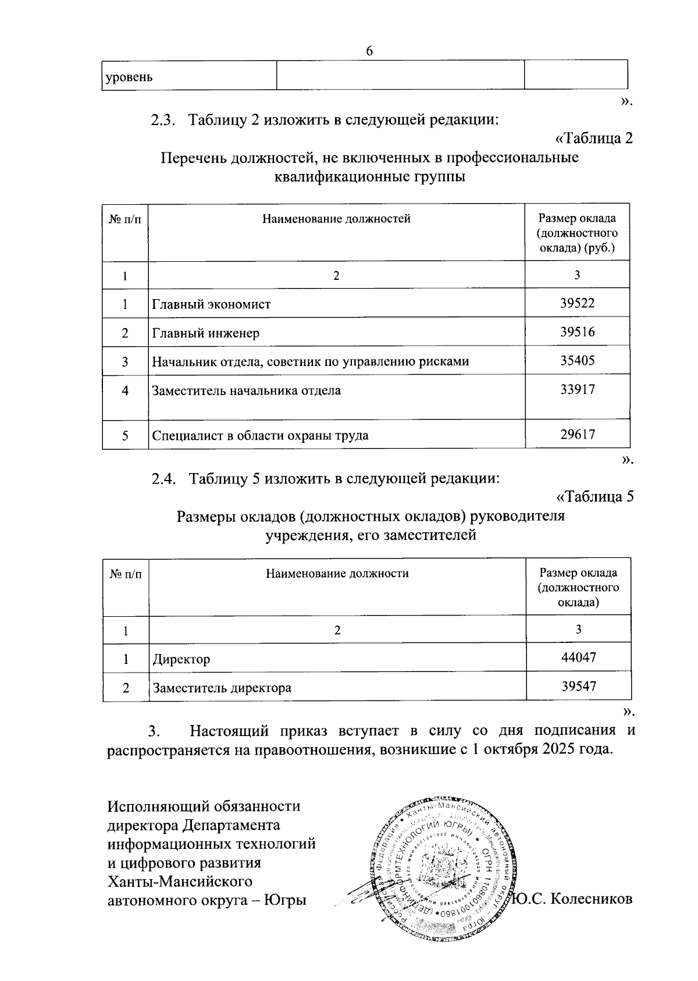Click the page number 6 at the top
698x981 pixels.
[369, 51]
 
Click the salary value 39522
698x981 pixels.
[577, 303]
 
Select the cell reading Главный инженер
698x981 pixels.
[206, 333]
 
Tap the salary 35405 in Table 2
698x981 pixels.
[577, 361]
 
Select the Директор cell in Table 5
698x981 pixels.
[181, 660]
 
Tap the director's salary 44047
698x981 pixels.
[578, 658]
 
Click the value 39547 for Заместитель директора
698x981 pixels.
[578, 687]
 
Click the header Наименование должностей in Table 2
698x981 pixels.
[336, 219]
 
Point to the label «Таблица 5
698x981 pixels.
[594, 497]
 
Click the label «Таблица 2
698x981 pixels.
[594, 139]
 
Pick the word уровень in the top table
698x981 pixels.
[129, 77]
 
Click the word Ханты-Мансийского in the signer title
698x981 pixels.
[180, 881]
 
